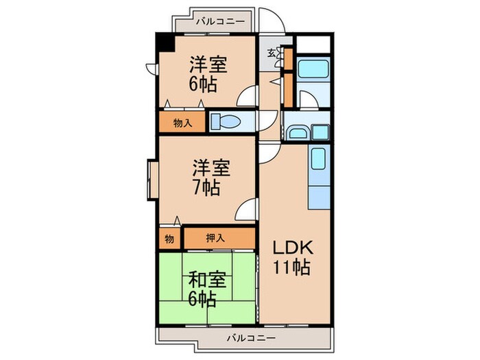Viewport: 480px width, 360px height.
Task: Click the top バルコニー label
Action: point(219,22)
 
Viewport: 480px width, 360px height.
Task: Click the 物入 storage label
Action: point(182,123)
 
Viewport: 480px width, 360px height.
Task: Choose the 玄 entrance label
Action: point(271,53)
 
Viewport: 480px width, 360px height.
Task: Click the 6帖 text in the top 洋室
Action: point(204,84)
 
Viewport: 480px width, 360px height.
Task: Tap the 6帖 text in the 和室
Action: point(204,299)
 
